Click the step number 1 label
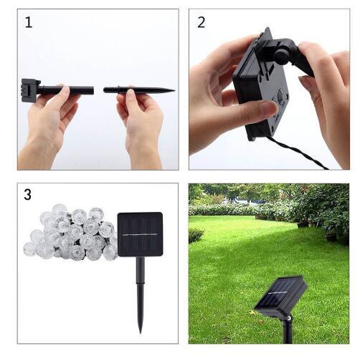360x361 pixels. tap(29, 22)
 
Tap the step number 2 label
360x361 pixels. tap(202, 22)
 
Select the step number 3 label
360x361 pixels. tap(29, 195)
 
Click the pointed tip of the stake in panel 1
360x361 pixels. tap(172, 90)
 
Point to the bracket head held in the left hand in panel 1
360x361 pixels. tap(29, 90)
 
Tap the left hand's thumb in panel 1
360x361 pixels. tap(60, 95)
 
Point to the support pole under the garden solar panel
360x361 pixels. tap(288, 331)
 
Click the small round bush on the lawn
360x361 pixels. tap(196, 235)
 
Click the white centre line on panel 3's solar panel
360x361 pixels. tap(139, 234)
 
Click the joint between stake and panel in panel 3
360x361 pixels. tap(140, 259)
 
